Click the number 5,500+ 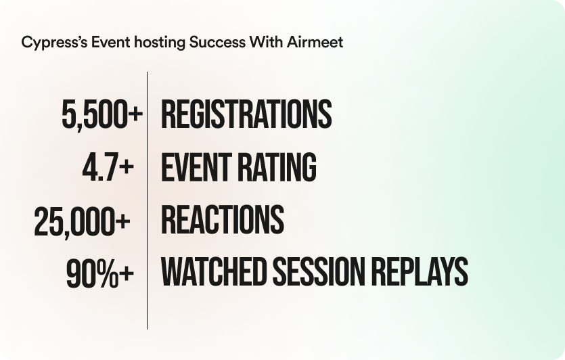tap(102, 115)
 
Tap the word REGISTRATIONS tap(246, 114)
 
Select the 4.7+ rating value tap(108, 168)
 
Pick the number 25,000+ tap(82, 221)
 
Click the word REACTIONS tap(223, 219)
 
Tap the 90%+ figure tap(100, 274)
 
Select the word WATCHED tap(213, 272)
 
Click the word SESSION tap(319, 272)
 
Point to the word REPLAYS tap(420, 272)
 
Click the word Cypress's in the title tap(54, 43)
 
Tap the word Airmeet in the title tap(315, 42)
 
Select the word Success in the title tap(217, 42)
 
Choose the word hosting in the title tap(160, 43)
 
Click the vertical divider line tap(147, 200)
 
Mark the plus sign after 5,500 tap(135, 114)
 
